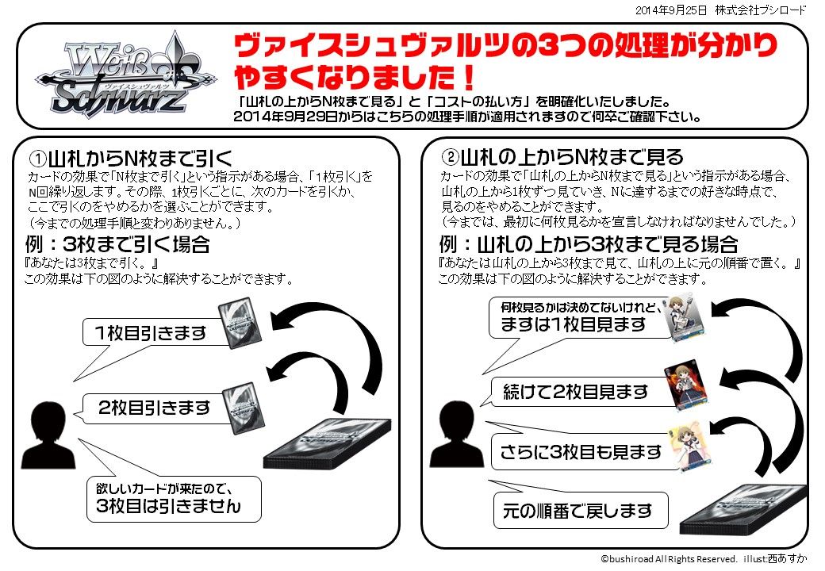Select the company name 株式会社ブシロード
760,10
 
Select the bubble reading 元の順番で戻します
577,510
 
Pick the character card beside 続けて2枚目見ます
684,383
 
